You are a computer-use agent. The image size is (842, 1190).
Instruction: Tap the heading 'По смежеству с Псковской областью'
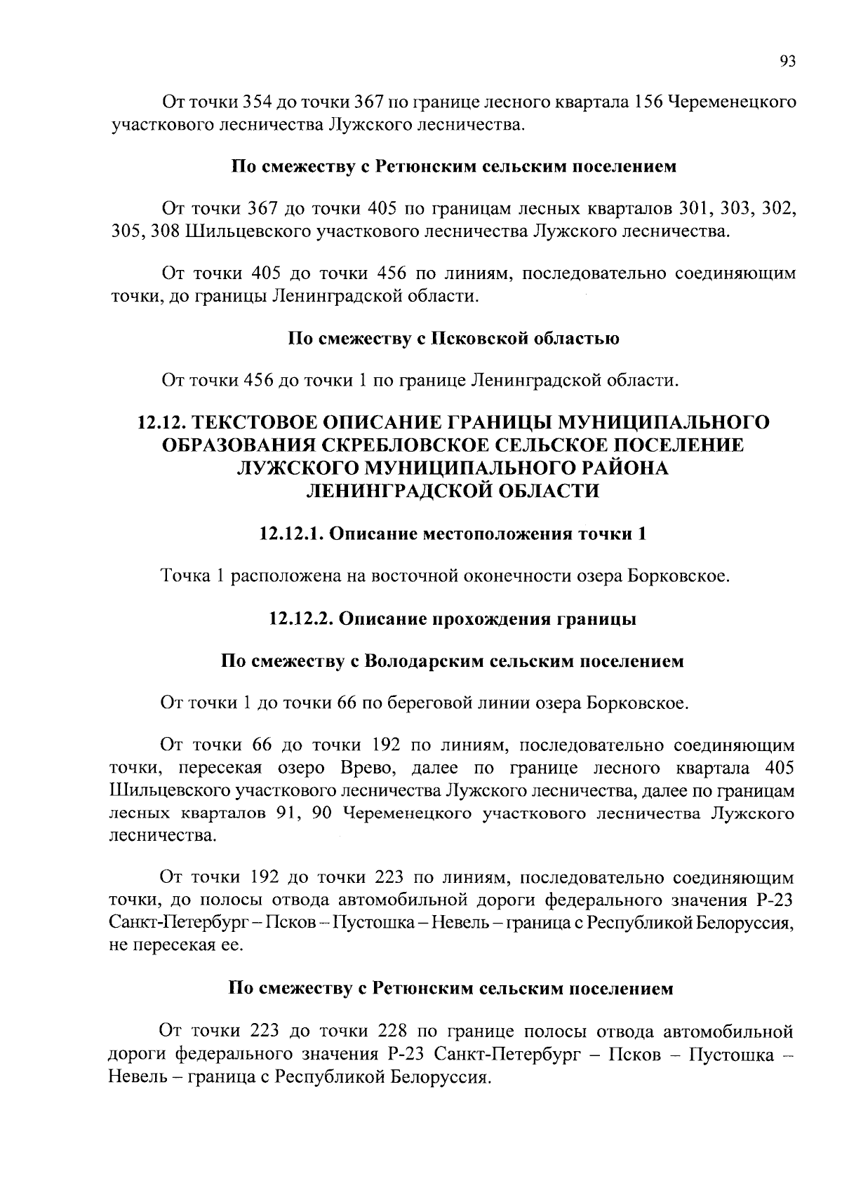click(x=454, y=339)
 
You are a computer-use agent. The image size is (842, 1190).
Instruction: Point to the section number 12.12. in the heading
click(x=162, y=422)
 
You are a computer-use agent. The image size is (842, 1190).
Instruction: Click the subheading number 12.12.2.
click(x=301, y=619)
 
